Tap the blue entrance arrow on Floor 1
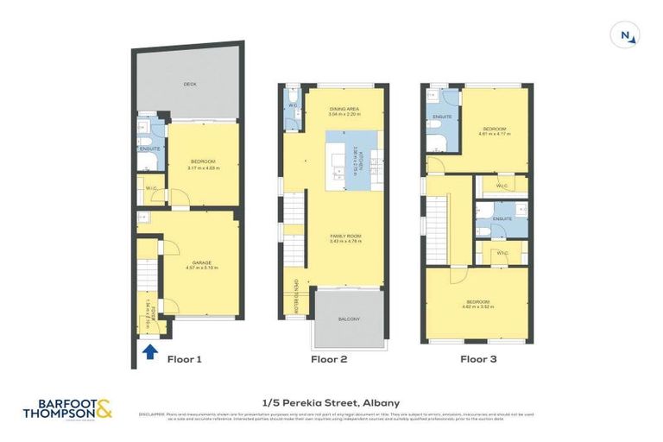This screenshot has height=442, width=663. [148, 351]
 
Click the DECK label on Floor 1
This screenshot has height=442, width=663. [190, 85]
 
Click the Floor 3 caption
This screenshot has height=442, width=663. [478, 358]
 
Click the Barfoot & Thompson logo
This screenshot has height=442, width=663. [67, 408]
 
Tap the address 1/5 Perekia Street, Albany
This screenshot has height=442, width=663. [331, 402]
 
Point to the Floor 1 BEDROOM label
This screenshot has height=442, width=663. [202, 164]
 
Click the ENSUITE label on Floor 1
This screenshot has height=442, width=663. [148, 149]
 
